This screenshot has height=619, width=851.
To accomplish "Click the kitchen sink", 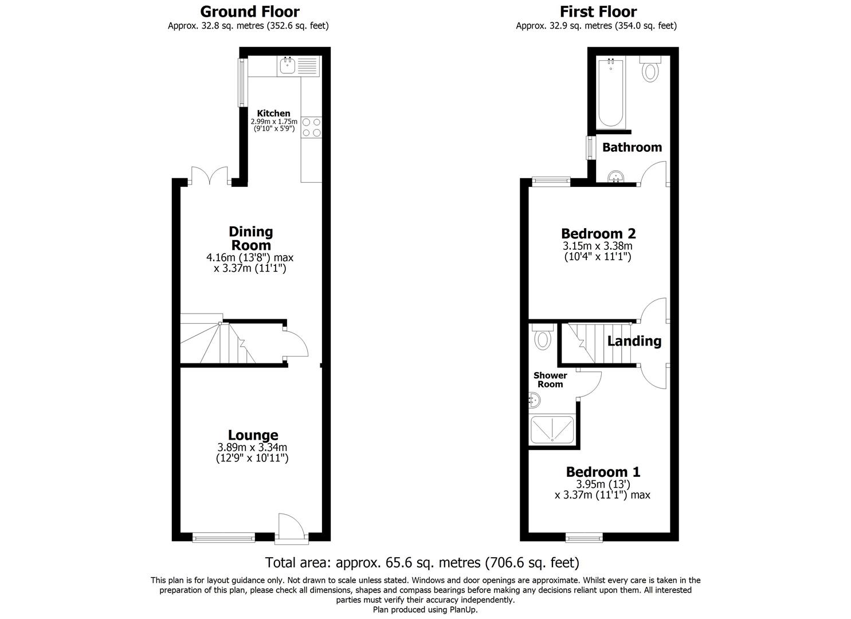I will [x=287, y=66].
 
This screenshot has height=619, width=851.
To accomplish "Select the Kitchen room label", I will [x=273, y=113].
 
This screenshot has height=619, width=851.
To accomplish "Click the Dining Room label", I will [x=250, y=238].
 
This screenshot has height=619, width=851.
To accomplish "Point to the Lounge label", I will [x=253, y=436].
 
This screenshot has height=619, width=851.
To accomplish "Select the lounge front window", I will [x=223, y=537].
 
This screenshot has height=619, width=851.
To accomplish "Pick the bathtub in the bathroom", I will [x=610, y=93].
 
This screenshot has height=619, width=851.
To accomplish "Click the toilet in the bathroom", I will [x=650, y=70].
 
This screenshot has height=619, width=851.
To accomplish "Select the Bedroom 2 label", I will [x=598, y=234].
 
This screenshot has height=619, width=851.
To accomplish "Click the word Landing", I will [x=634, y=342].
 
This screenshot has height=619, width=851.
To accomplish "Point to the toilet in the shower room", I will [x=542, y=338].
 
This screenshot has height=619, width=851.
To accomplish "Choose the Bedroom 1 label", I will [x=603, y=472].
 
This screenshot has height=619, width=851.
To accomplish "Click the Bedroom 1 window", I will [x=584, y=537].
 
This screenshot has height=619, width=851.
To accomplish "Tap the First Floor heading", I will [x=598, y=11].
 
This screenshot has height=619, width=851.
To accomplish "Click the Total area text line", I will [x=422, y=562].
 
